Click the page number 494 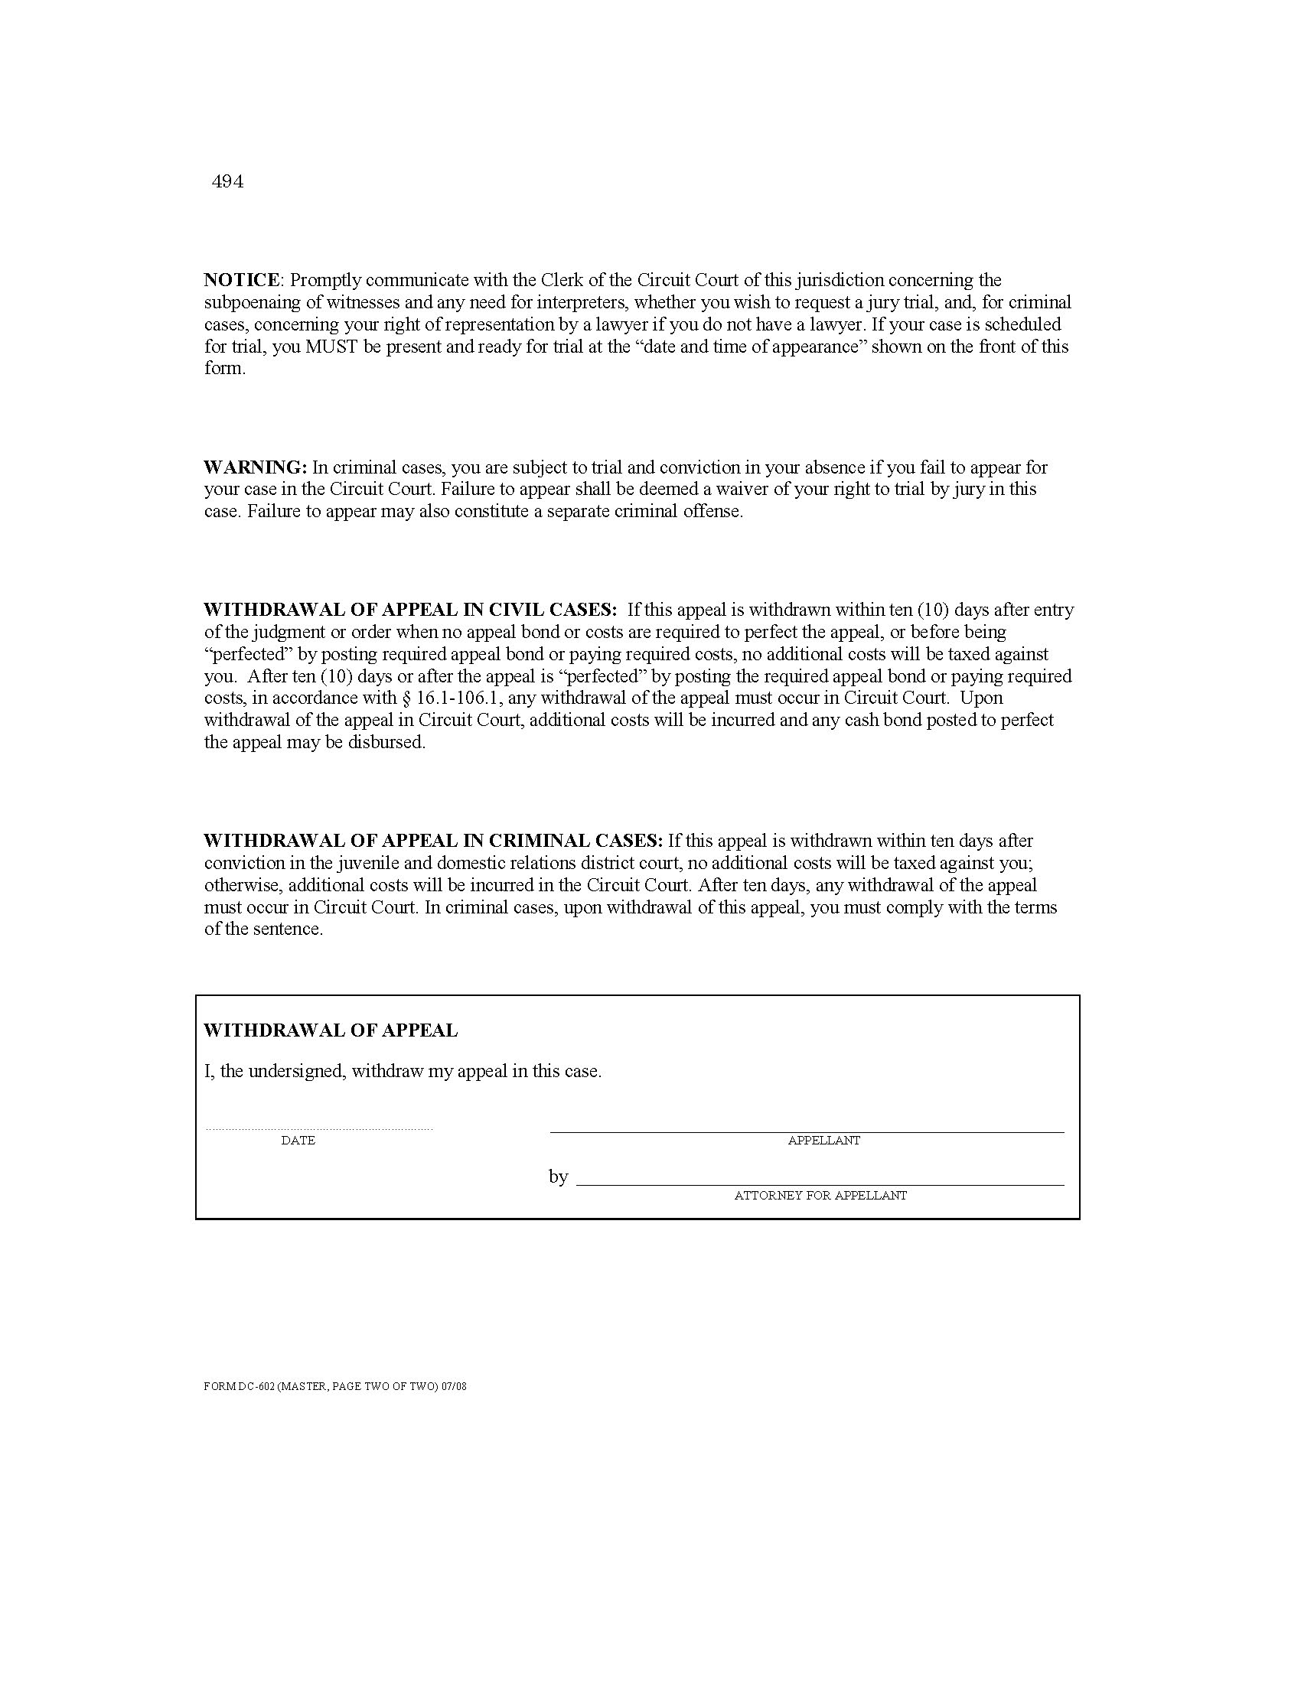[227, 182]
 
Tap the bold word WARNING [254, 467]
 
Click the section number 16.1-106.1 [457, 698]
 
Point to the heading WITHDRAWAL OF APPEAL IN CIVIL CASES [410, 610]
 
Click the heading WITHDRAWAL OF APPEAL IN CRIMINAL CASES [432, 841]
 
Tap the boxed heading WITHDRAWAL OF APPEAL [331, 1030]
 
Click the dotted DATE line [319, 1130]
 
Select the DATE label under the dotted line [298, 1141]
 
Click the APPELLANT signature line [807, 1131]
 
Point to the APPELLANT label [824, 1141]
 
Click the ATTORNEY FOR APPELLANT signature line [820, 1184]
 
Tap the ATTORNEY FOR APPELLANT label [820, 1196]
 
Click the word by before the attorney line [559, 1177]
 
